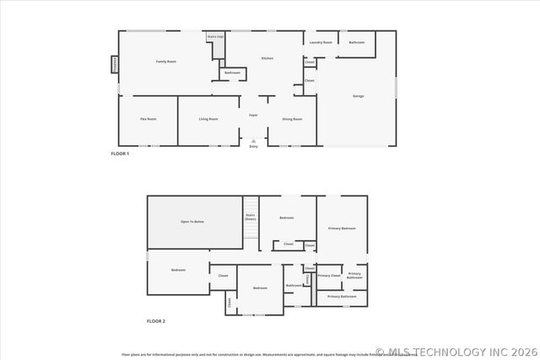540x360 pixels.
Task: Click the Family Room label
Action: pyautogui.click(x=165, y=62)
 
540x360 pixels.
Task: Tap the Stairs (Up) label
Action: pyautogui.click(x=215, y=37)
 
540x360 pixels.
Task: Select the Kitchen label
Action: pyautogui.click(x=267, y=58)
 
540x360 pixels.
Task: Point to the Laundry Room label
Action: pyautogui.click(x=321, y=42)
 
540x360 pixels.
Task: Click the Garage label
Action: pyautogui.click(x=359, y=96)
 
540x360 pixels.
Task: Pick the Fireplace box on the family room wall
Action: pyautogui.click(x=114, y=64)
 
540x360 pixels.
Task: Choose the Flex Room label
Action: pyautogui.click(x=148, y=119)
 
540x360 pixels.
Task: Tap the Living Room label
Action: pyautogui.click(x=208, y=119)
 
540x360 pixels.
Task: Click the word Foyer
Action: pyautogui.click(x=253, y=115)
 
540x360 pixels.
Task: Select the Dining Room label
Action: pyautogui.click(x=292, y=119)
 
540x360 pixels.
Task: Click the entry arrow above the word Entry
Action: pyautogui.click(x=253, y=140)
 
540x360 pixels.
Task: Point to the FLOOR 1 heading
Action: pyautogui.click(x=120, y=153)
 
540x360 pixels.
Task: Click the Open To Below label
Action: pyautogui.click(x=192, y=222)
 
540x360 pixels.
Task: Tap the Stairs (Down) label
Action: pyautogui.click(x=251, y=217)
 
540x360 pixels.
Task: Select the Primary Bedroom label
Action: pyautogui.click(x=343, y=228)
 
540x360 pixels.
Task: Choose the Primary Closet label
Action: pyautogui.click(x=329, y=276)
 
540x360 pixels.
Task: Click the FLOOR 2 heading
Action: pyautogui.click(x=156, y=321)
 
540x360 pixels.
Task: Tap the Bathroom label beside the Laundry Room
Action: pyautogui.click(x=357, y=42)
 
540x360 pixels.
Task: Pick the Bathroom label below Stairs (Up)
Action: pyautogui.click(x=232, y=73)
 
